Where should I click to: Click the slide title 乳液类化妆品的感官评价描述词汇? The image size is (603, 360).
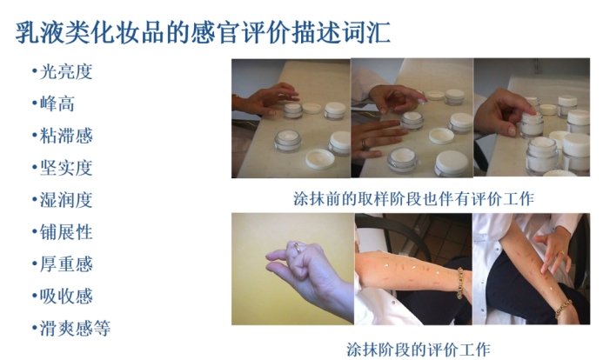(203, 32)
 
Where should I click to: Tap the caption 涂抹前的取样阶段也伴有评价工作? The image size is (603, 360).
(413, 199)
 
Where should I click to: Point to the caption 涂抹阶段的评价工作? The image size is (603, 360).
(419, 350)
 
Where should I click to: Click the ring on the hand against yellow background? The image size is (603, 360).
(297, 247)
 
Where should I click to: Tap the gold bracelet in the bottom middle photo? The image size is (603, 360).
(460, 283)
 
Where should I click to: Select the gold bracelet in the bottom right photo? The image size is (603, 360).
(563, 308)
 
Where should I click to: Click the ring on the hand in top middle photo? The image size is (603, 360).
(364, 144)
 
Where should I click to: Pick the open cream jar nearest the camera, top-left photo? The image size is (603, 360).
(288, 141)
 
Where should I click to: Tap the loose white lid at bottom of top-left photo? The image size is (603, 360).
(320, 159)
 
